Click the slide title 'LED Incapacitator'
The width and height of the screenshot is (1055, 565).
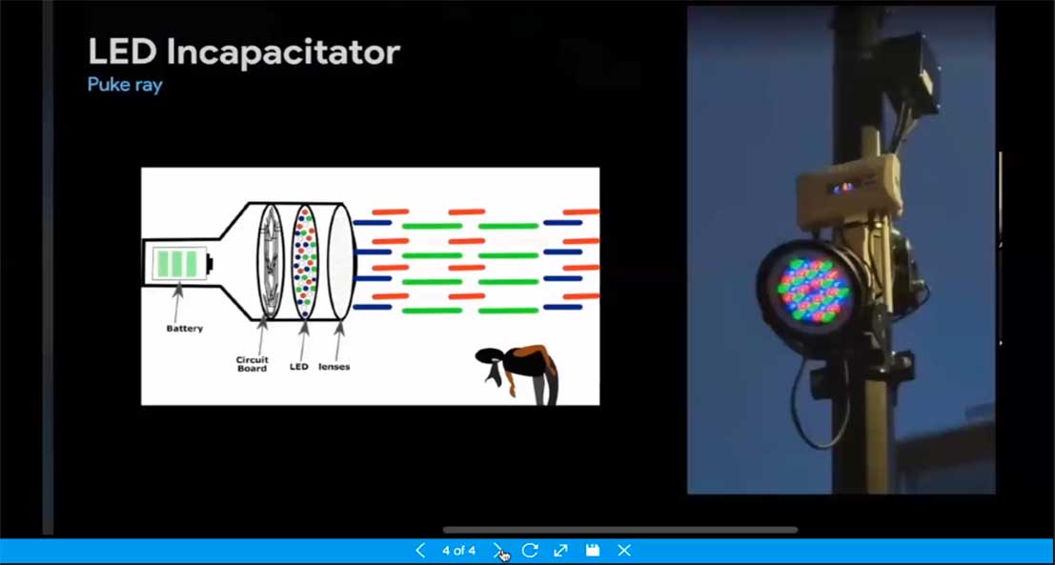click(244, 51)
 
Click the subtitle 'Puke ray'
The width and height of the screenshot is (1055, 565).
click(125, 86)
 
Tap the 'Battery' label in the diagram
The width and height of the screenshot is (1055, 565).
click(184, 329)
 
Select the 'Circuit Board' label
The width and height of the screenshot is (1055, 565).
click(252, 364)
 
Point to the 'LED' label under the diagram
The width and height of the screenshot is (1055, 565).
click(298, 367)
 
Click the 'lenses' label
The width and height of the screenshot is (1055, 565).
click(335, 367)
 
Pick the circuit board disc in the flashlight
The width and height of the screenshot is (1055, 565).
click(271, 261)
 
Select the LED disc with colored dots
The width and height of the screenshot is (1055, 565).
click(305, 261)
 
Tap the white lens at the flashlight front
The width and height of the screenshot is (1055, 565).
click(341, 261)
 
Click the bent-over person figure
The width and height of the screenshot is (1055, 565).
click(517, 373)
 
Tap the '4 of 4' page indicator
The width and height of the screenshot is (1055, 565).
click(458, 551)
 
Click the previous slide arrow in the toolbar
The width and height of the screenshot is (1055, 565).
click(420, 551)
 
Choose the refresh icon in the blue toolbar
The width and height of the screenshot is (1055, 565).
click(530, 551)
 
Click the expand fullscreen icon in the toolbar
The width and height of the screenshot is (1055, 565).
click(560, 551)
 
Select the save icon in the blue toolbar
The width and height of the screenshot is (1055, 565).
click(592, 551)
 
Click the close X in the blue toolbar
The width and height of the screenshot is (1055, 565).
click(623, 551)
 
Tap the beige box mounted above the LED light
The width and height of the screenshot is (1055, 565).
click(849, 190)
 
